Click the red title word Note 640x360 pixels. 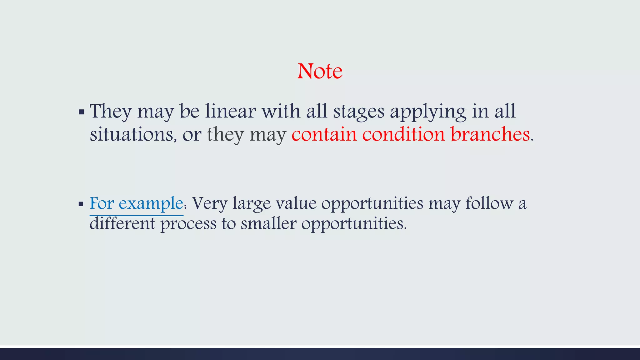click(320, 71)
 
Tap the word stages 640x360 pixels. click(358, 112)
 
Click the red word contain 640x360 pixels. click(324, 134)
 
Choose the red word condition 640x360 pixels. click(403, 134)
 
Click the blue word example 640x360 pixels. click(151, 204)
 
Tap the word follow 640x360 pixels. click(489, 203)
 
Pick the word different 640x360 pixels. click(122, 223)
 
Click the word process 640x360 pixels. click(188, 224)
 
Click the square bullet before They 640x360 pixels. click(81, 112)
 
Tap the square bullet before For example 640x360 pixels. click(81, 204)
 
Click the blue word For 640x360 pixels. click(102, 203)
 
